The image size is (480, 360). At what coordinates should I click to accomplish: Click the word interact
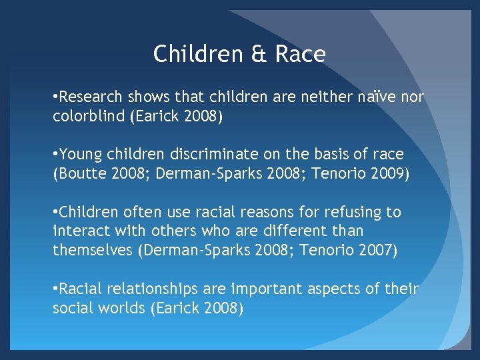click(78, 232)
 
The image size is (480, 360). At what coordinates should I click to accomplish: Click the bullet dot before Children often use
click(55, 213)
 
